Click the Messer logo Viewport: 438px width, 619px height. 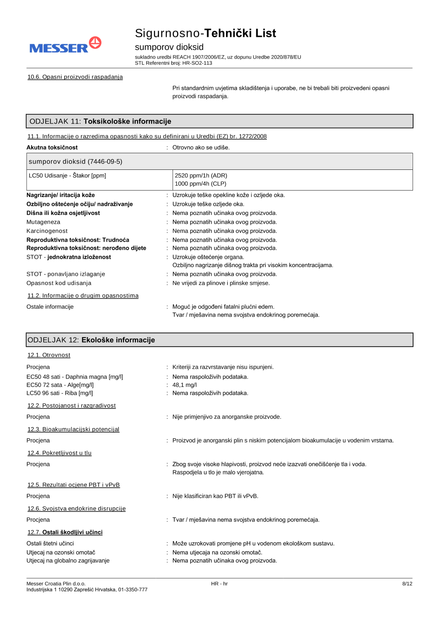point(65,46)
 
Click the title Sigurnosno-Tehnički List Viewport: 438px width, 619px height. point(205,33)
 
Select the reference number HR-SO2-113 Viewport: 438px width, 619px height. point(197,63)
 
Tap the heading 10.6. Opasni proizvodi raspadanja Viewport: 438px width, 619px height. point(75,77)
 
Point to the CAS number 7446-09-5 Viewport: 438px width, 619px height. point(105,162)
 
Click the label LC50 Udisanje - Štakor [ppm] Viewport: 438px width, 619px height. point(67,176)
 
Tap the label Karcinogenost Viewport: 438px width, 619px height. point(47,231)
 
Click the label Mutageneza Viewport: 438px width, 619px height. point(43,222)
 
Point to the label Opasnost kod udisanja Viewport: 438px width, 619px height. point(59,283)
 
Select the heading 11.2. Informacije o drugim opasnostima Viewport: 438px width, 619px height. point(83,296)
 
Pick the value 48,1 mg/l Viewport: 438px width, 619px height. point(184,385)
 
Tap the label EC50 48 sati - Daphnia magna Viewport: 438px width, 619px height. point(74,377)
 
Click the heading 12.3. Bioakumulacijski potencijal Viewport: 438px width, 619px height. point(73,429)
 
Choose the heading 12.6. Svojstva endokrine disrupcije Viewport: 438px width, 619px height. point(76,509)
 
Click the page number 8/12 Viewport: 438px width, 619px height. point(407,584)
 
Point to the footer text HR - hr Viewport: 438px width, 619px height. point(219,584)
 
